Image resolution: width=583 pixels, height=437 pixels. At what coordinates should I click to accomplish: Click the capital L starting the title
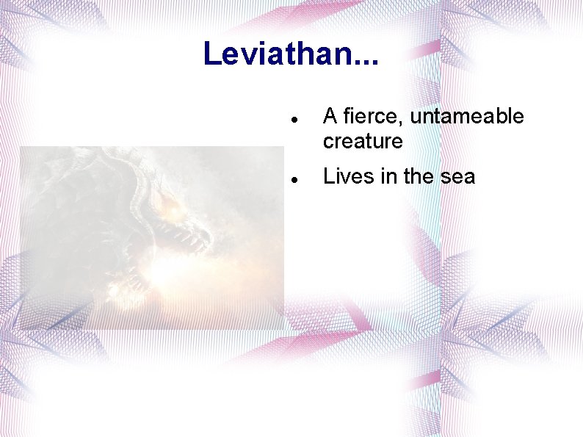(211, 54)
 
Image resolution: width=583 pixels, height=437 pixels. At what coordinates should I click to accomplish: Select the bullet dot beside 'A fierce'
(293, 118)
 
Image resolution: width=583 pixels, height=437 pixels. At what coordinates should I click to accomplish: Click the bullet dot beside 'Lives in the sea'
(293, 178)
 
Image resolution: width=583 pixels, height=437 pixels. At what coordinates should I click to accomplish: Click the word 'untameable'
(467, 117)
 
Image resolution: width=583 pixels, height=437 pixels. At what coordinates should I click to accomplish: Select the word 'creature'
(363, 141)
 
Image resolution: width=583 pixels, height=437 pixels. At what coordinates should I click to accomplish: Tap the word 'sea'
(459, 177)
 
